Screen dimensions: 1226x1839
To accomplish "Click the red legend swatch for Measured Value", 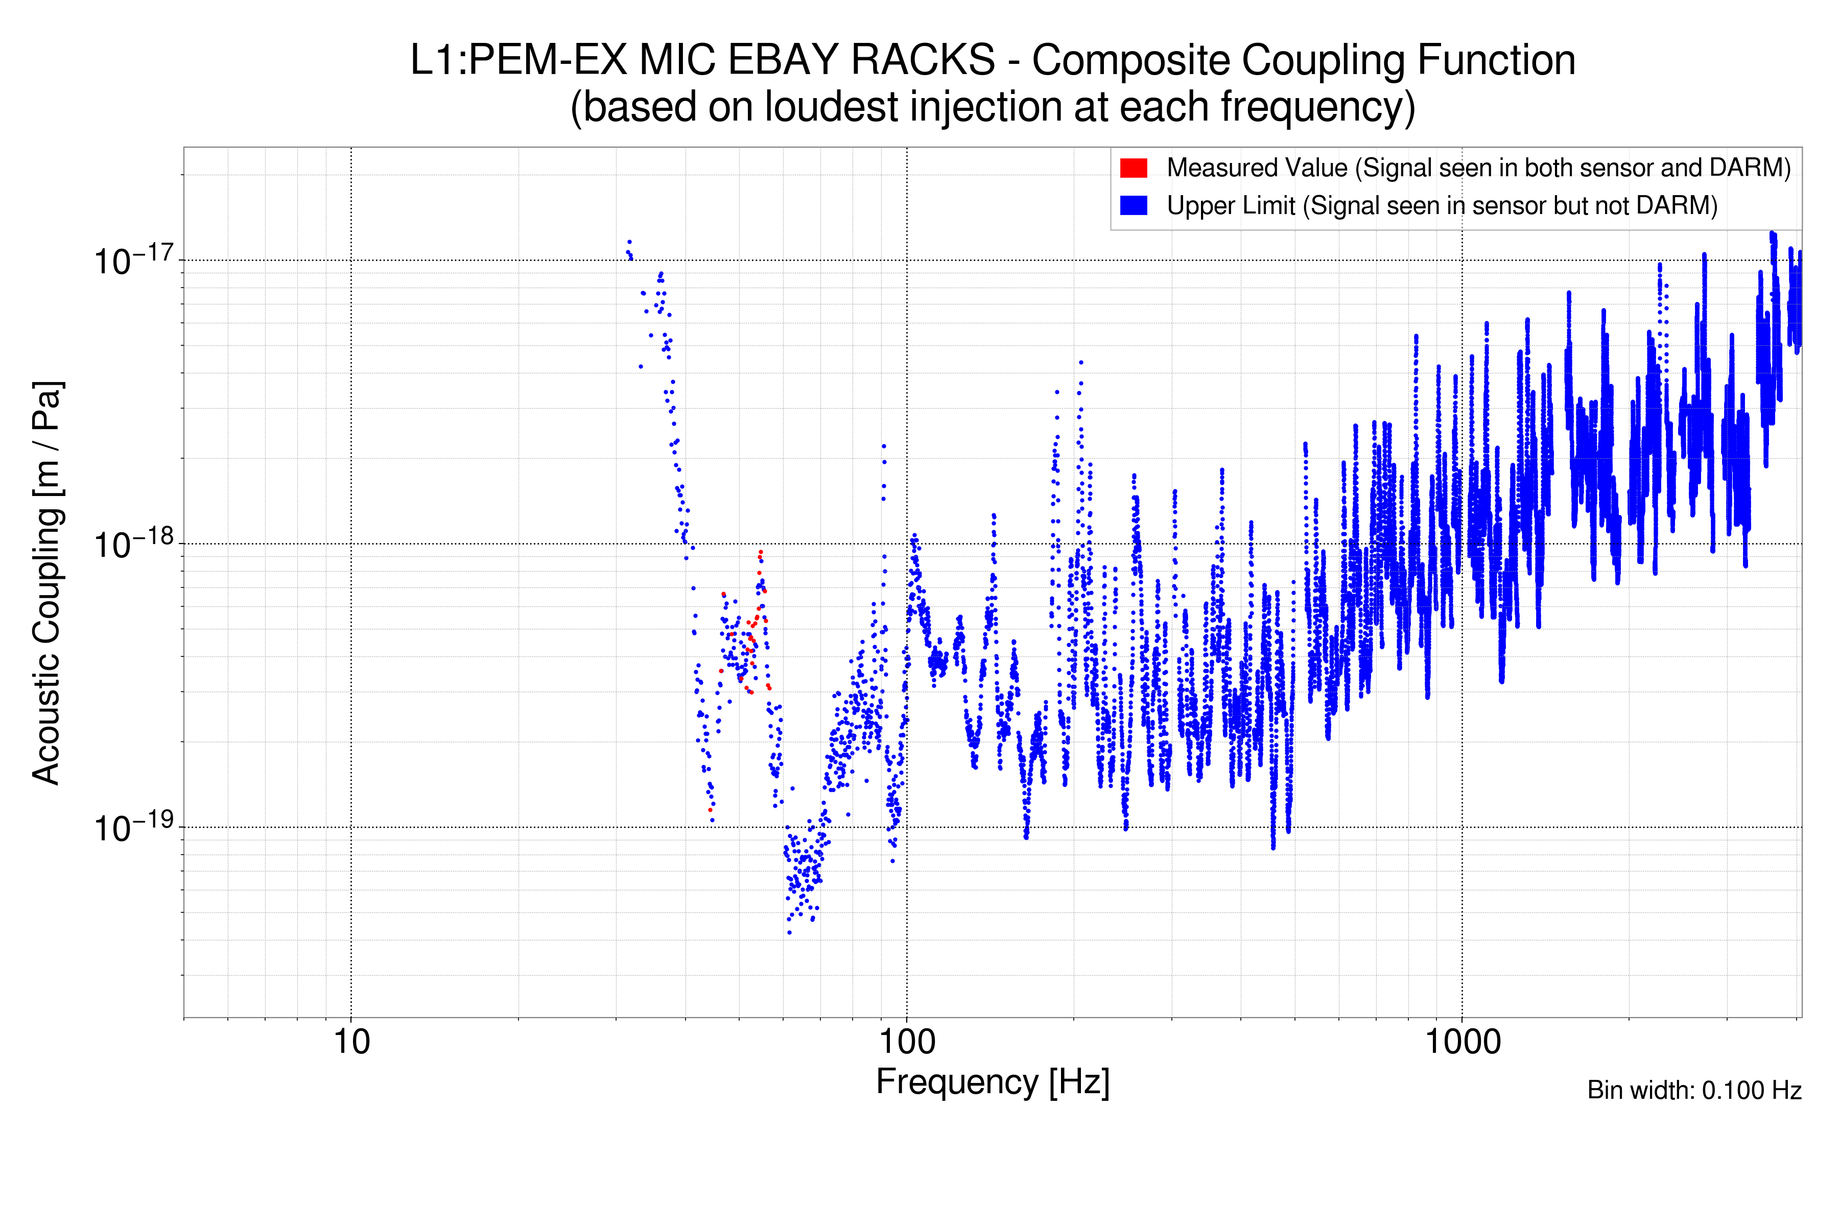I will (x=1133, y=168).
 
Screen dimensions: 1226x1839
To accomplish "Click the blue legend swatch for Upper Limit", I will (x=1133, y=206).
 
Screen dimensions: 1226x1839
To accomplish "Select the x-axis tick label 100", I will (x=907, y=1042).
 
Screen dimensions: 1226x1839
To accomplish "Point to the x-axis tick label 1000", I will (x=1462, y=1042).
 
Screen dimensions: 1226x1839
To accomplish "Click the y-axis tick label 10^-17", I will (x=133, y=261).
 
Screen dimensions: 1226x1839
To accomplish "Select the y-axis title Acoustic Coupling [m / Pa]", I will (x=47, y=582).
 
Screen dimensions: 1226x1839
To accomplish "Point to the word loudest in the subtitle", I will (x=831, y=107).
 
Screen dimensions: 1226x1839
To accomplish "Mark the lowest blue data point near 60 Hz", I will (x=789, y=932).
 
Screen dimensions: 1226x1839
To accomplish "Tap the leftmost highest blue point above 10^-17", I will (x=629, y=242).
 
